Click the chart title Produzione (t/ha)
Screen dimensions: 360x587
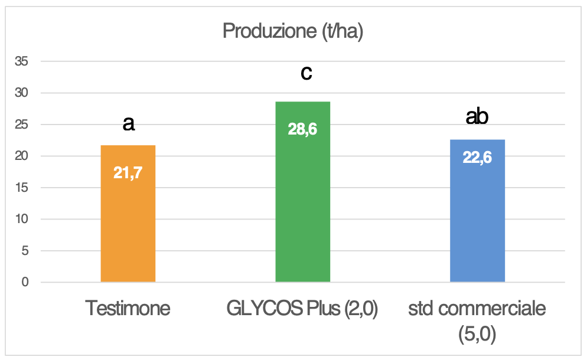(x=292, y=31)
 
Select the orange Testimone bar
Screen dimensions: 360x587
(x=128, y=224)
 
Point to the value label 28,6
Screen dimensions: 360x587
(x=302, y=129)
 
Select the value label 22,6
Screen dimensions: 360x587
(x=477, y=158)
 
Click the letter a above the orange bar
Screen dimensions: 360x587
(x=128, y=123)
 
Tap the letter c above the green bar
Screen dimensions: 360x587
(x=306, y=73)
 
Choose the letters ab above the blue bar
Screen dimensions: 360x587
(x=477, y=117)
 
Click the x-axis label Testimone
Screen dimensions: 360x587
(x=128, y=308)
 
